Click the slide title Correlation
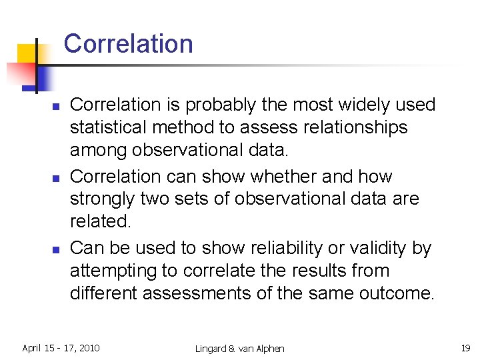coord(128,44)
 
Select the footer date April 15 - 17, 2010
coord(61,347)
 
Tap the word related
coord(97,221)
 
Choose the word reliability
coord(307,249)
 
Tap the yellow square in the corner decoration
coord(28,54)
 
